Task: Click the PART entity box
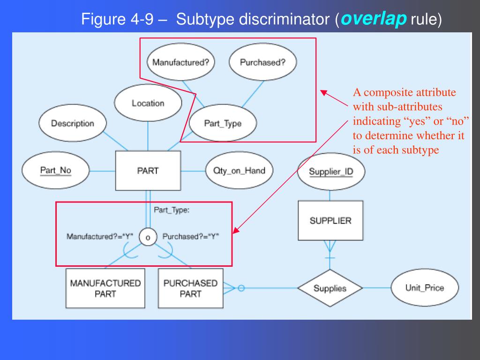coord(148,171)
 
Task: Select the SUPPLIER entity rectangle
coord(330,221)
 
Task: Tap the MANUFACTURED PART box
coord(105,288)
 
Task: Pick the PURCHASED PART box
coord(190,288)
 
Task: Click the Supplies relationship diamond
coord(330,288)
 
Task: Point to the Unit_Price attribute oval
coord(425,288)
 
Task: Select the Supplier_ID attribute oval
coord(331,172)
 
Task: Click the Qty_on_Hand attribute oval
coord(239,171)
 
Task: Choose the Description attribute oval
coord(72,124)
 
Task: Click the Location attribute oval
coord(148,103)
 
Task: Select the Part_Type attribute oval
coord(223,124)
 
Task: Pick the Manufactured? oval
coord(180,62)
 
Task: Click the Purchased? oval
coord(262,62)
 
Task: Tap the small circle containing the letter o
coord(148,238)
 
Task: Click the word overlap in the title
coord(374,20)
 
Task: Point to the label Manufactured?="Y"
coord(100,236)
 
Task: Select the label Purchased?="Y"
coord(191,236)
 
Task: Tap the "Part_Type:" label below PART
coord(172,210)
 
